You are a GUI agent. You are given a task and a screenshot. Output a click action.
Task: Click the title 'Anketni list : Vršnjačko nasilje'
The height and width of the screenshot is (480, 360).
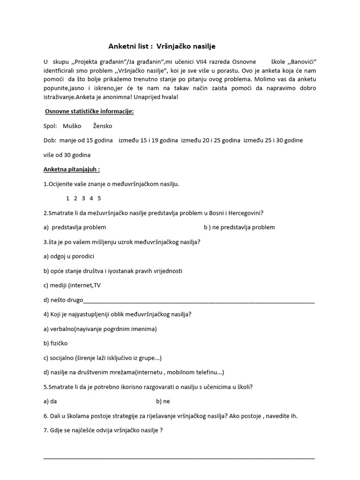click(x=162, y=46)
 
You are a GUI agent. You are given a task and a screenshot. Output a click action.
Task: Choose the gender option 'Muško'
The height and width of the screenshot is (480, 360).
click(x=72, y=126)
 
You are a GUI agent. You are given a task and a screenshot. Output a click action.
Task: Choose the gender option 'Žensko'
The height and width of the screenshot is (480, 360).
click(x=103, y=126)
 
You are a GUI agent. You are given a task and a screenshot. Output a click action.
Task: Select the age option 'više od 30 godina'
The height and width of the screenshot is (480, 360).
click(x=67, y=155)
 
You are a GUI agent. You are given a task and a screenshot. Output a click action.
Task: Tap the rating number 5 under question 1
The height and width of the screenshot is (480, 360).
click(x=99, y=198)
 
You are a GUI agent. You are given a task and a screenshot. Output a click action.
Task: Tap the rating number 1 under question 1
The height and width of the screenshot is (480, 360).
click(x=68, y=198)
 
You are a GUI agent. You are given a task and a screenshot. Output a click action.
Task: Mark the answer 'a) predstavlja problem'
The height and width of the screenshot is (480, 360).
click(x=75, y=227)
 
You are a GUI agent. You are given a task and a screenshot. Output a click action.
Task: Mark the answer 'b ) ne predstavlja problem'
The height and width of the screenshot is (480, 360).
click(x=239, y=227)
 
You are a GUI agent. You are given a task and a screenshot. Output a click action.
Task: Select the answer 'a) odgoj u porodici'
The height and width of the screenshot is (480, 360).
click(x=69, y=256)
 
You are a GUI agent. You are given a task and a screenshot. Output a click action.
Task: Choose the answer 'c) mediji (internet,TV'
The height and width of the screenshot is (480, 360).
click(x=72, y=285)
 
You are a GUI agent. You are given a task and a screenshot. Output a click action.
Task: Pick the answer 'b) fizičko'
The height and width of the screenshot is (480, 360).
click(x=56, y=343)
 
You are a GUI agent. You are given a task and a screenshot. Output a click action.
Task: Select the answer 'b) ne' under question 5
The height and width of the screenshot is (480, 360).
click(x=163, y=401)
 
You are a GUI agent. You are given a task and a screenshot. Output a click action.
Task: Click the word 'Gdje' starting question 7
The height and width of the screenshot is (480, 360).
click(x=57, y=430)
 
